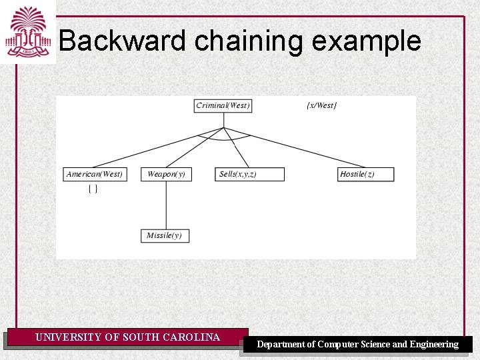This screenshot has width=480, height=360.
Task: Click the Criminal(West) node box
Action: pos(223,105)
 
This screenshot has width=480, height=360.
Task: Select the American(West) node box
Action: pos(95,174)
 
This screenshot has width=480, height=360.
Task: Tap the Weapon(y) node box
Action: pos(166,174)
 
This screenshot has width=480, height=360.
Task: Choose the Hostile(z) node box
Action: pos(366,174)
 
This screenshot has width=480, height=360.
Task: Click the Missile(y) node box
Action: pos(165,235)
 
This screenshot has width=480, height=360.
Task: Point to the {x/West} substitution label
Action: pos(321,105)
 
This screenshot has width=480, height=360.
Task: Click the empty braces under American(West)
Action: pos(93,189)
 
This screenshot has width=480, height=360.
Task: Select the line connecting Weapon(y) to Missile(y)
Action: pos(166,205)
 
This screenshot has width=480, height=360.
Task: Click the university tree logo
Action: pos(28,32)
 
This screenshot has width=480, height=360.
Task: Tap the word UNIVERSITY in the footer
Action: pos(69,337)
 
